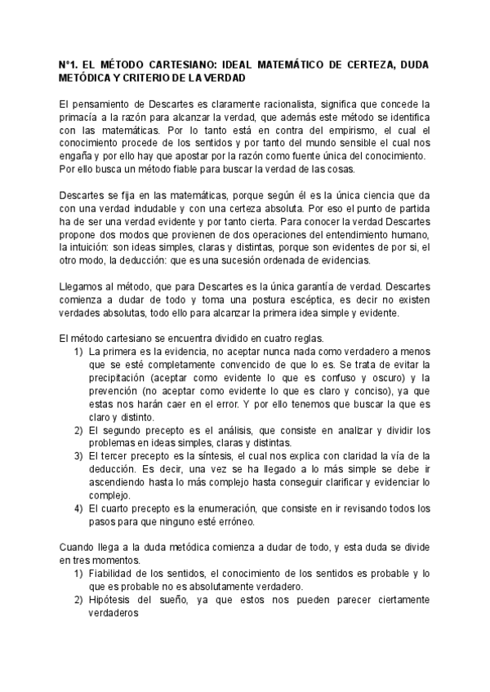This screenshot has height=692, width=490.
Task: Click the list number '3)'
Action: pyautogui.click(x=79, y=456)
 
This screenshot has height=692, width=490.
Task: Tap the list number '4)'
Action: pyautogui.click(x=79, y=508)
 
